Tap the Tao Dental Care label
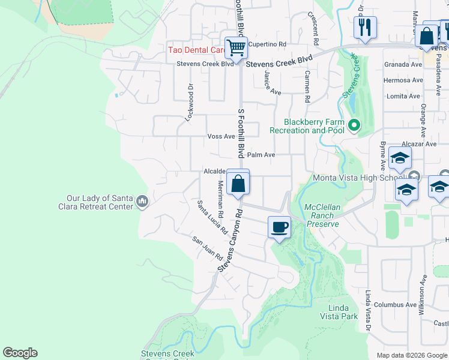[196, 50]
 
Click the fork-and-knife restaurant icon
[365, 27]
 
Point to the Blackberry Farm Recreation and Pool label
[307, 126]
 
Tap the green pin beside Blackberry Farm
[354, 126]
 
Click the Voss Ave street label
[221, 136]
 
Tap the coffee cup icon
[280, 228]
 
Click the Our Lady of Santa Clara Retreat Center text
[99, 202]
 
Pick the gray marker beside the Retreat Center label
[142, 200]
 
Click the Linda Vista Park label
[339, 312]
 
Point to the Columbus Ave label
[395, 305]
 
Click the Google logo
[20, 353]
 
